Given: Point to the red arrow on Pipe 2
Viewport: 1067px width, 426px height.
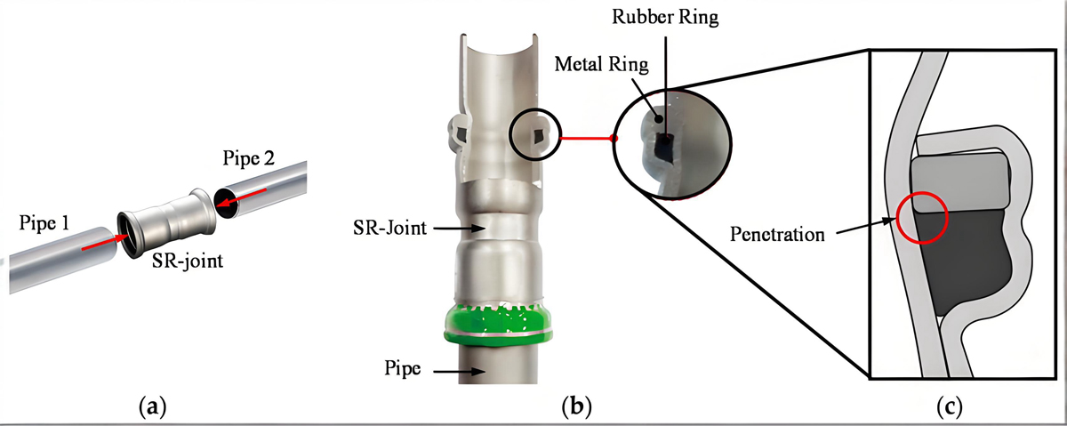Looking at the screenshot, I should pyautogui.click(x=243, y=197).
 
